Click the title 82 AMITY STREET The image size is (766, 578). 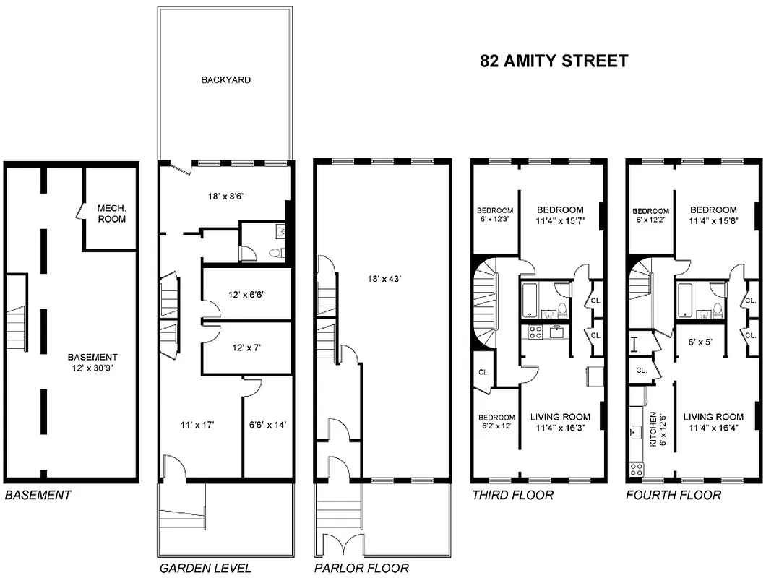(554, 61)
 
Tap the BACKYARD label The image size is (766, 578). (225, 80)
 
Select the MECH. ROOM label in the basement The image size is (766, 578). (111, 213)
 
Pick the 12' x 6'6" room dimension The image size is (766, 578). (246, 295)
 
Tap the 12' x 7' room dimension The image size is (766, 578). (246, 348)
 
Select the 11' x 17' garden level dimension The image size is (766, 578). (198, 425)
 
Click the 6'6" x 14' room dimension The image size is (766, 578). (268, 425)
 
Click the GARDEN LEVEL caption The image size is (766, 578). (205, 568)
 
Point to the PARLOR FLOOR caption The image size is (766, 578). (361, 568)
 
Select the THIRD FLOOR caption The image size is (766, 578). (512, 495)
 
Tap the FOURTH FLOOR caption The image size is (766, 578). (673, 495)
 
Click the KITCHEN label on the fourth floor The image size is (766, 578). (653, 429)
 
